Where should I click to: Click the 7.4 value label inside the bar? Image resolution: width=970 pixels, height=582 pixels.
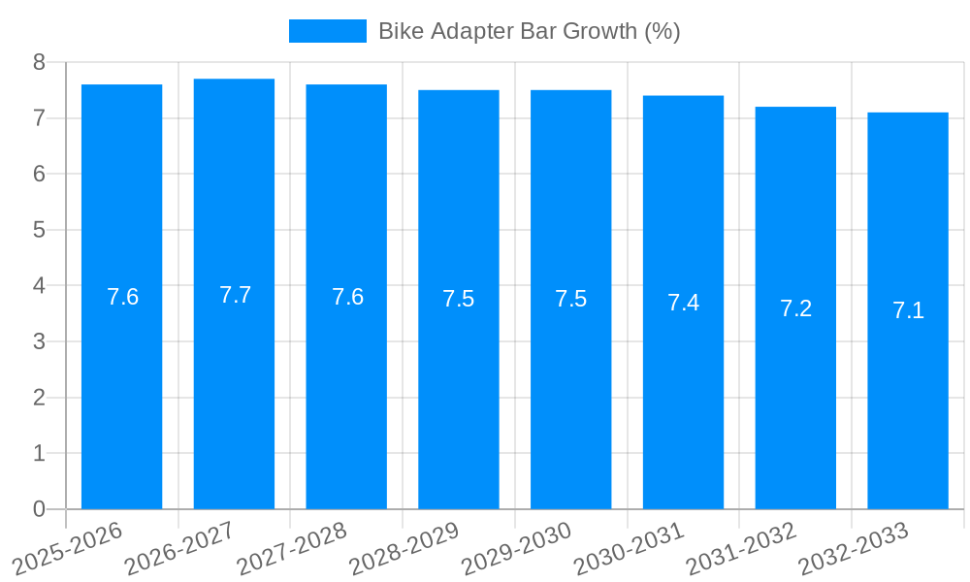683,303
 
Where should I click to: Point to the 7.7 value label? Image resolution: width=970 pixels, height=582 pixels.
235,295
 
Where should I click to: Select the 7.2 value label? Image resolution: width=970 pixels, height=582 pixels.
795,308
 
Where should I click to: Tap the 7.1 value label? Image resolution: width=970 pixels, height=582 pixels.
908,311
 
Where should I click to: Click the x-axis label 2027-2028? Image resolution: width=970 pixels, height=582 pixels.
291,549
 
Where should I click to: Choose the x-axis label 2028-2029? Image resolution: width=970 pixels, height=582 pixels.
404,549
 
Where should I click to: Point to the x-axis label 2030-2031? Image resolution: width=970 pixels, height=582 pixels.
629,549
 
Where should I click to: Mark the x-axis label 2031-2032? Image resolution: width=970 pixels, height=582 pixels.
741,549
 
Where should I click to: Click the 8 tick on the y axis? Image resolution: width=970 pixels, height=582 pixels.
39,62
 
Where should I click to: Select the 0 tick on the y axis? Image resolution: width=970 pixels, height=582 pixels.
39,509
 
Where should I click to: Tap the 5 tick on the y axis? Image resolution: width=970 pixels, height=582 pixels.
39,230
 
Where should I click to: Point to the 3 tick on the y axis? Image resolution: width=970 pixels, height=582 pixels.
39,341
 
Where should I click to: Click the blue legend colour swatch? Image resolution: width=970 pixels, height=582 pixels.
327,31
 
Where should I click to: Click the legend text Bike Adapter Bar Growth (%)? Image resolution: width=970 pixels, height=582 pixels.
529,31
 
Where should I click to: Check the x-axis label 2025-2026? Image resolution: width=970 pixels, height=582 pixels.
67,549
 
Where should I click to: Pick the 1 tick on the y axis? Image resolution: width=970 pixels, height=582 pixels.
39,453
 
